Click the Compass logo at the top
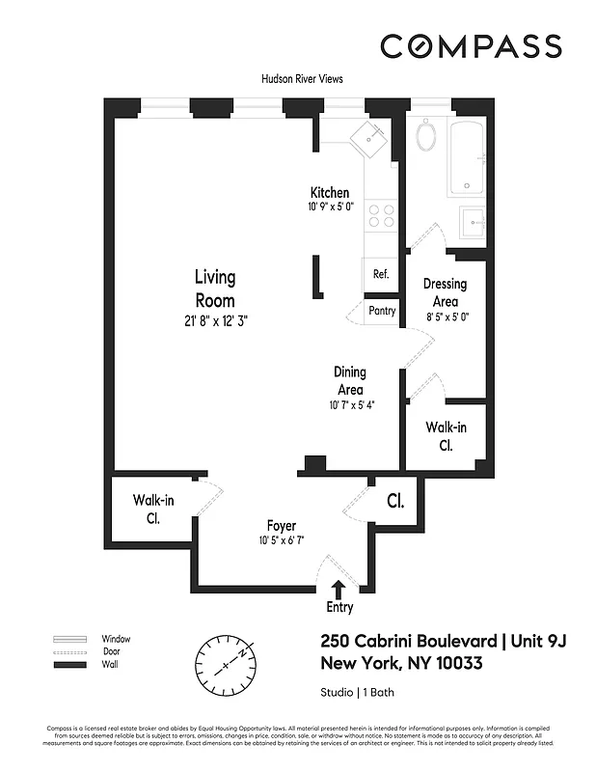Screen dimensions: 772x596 pyautogui.click(x=470, y=45)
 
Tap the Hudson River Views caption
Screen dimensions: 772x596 pyautogui.click(x=302, y=79)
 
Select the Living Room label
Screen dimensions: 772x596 pyautogui.click(x=215, y=289)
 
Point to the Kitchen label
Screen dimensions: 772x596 pyautogui.click(x=329, y=193)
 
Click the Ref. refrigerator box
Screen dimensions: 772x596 pyautogui.click(x=380, y=274)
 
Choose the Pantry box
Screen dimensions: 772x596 pyautogui.click(x=382, y=312)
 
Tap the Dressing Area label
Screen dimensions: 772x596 pyautogui.click(x=445, y=291)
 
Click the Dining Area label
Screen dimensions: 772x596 pyautogui.click(x=349, y=380)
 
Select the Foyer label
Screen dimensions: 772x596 pyautogui.click(x=282, y=526)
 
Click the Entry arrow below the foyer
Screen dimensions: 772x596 pyautogui.click(x=339, y=588)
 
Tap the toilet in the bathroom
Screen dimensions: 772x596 pyautogui.click(x=426, y=136)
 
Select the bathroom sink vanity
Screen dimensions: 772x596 pyautogui.click(x=474, y=222)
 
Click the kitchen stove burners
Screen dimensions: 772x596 pyautogui.click(x=382, y=213)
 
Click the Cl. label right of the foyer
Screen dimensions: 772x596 pyautogui.click(x=394, y=503)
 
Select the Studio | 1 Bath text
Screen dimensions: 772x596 pyautogui.click(x=357, y=692)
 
